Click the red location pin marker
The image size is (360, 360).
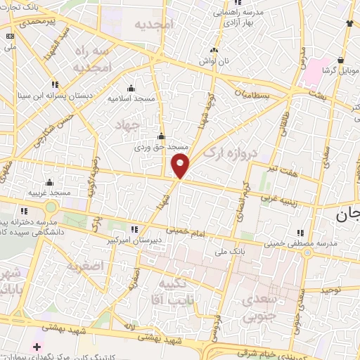point(181,166)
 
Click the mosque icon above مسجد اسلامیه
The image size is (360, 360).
point(131,89)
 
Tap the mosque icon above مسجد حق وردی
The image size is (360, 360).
point(162,136)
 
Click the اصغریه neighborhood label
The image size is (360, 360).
point(85,266)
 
